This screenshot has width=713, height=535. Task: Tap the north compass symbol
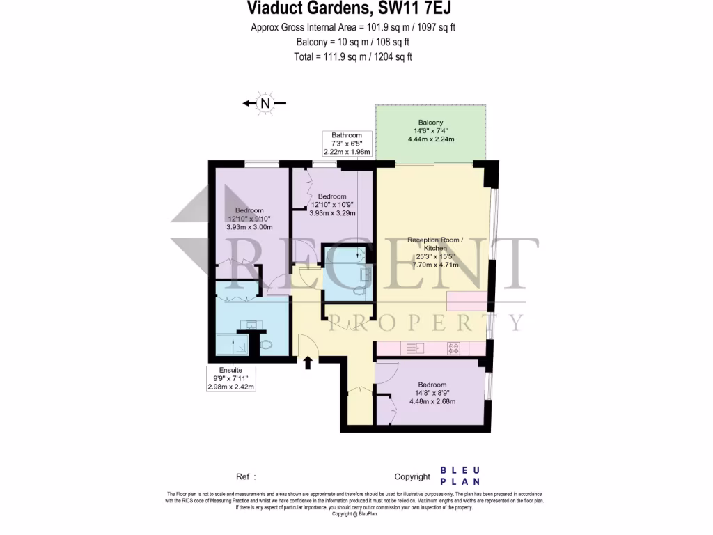pos(265,104)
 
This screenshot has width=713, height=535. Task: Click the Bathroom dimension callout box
pos(347,144)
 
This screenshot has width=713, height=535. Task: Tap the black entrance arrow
pos(308,361)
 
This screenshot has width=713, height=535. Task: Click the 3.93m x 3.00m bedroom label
pos(249,219)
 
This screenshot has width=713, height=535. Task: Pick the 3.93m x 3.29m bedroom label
pos(331,205)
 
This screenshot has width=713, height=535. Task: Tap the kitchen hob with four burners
pos(454,348)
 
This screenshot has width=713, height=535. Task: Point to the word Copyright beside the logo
pos(412,477)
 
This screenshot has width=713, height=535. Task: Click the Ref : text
pos(246,477)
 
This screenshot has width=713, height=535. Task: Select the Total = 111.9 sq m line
pos(353,57)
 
